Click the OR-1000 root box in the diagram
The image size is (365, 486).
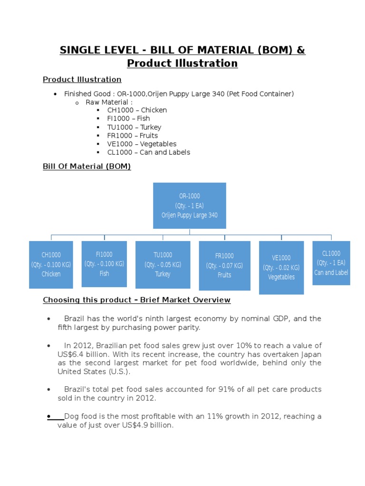click(189, 206)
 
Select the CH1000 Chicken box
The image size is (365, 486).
click(51, 264)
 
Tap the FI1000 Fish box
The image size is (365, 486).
click(104, 264)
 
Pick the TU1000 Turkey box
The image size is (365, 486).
click(163, 264)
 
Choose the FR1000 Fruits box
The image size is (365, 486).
click(224, 265)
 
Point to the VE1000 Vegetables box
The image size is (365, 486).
click(281, 267)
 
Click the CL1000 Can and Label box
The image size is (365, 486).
click(331, 263)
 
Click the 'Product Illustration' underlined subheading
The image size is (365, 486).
click(82, 79)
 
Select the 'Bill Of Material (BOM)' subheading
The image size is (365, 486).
click(86, 167)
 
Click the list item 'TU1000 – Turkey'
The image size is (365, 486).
click(134, 127)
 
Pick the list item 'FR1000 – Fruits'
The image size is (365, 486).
click(133, 136)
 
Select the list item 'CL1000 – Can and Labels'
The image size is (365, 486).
click(149, 152)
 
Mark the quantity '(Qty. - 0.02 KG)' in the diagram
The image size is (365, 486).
click(281, 268)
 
